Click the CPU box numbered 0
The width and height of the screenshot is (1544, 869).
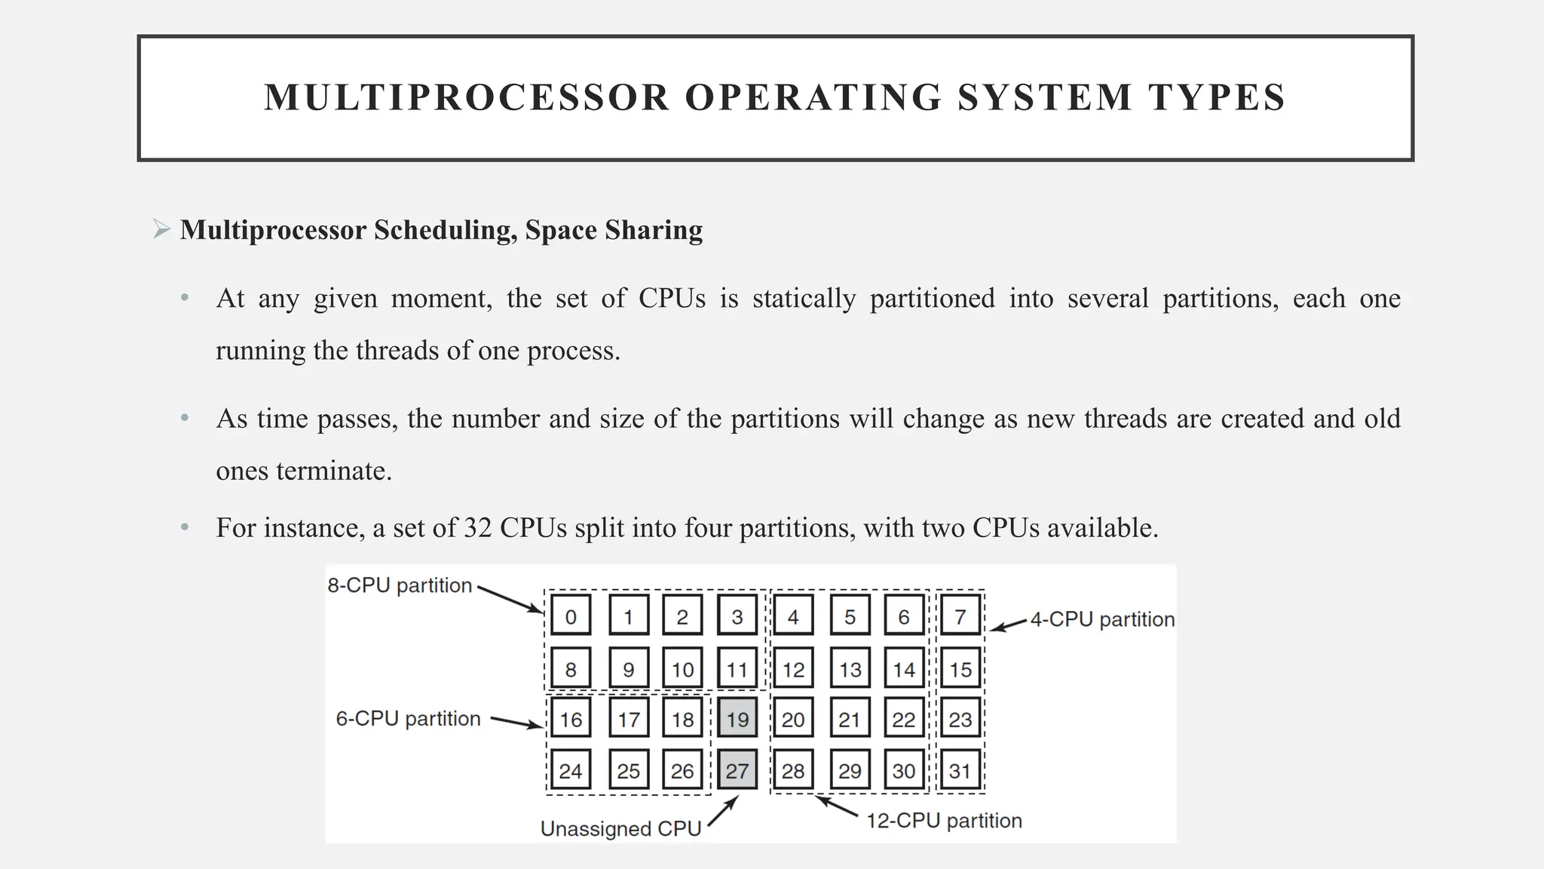click(x=571, y=616)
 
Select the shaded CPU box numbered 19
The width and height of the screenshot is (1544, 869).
click(x=737, y=718)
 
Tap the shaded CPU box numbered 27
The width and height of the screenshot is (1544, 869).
click(x=737, y=770)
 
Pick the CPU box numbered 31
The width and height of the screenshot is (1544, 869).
click(x=960, y=770)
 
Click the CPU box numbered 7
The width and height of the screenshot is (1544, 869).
click(x=960, y=616)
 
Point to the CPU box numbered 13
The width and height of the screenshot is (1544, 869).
click(x=850, y=668)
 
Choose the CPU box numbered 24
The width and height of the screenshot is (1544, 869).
click(x=571, y=770)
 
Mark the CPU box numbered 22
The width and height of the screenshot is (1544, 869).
click(x=903, y=718)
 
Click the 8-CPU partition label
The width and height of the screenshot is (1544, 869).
click(x=400, y=585)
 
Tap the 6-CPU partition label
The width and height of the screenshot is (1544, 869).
click(x=408, y=718)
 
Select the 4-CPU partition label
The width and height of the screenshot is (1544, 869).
click(x=1102, y=619)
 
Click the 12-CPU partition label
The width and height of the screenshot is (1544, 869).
click(x=944, y=821)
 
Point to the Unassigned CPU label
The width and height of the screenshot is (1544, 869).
click(x=620, y=828)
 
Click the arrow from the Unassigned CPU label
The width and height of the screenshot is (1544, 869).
click(x=723, y=811)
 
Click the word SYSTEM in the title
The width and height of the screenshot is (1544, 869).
click(x=1045, y=98)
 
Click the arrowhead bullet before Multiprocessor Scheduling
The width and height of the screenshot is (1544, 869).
click(x=161, y=229)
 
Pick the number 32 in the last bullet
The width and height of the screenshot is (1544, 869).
click(x=477, y=527)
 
